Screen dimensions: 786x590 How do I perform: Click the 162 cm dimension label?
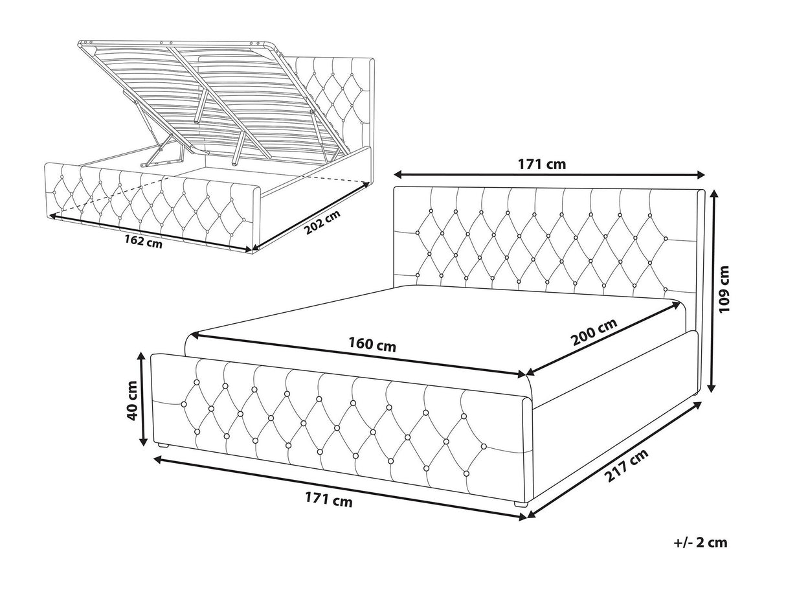(143, 242)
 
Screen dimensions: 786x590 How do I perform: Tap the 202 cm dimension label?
(322, 222)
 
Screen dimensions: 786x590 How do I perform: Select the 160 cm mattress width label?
(372, 345)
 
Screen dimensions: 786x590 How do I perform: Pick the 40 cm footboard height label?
(132, 401)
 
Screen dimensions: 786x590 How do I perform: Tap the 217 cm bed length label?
(626, 466)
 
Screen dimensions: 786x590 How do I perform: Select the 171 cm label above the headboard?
(542, 165)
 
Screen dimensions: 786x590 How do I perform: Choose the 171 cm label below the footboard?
(328, 500)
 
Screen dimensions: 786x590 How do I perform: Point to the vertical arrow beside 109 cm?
(712, 291)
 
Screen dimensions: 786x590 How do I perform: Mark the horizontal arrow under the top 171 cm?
(549, 175)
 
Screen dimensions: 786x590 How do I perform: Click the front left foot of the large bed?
(164, 446)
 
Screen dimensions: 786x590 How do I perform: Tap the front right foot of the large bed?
(521, 504)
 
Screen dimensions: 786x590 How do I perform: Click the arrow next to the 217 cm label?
(614, 460)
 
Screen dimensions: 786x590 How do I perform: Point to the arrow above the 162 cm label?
(150, 233)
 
